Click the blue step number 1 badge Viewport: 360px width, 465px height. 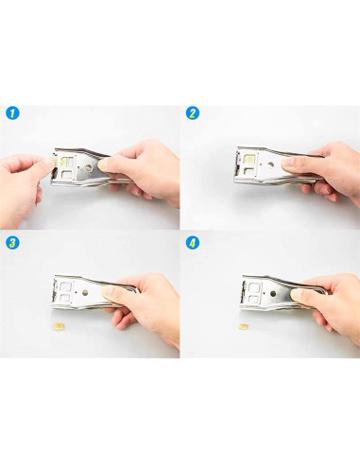pyautogui.click(x=12, y=113)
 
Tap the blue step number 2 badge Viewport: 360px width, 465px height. pyautogui.click(x=193, y=113)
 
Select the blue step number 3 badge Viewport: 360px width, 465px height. pyautogui.click(x=12, y=242)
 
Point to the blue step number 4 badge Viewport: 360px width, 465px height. pyautogui.click(x=193, y=242)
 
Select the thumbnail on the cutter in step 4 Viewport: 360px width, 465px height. pyautogui.click(x=300, y=298)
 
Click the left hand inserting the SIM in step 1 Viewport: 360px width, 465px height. pyautogui.click(x=24, y=175)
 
